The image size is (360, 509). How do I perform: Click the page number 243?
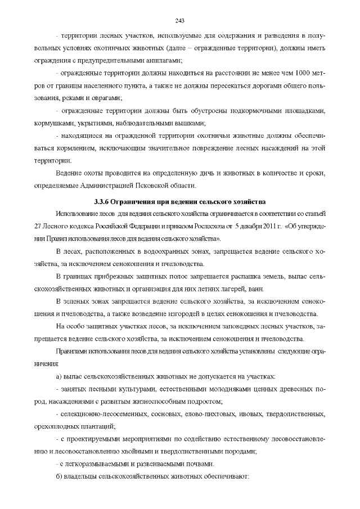180,21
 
